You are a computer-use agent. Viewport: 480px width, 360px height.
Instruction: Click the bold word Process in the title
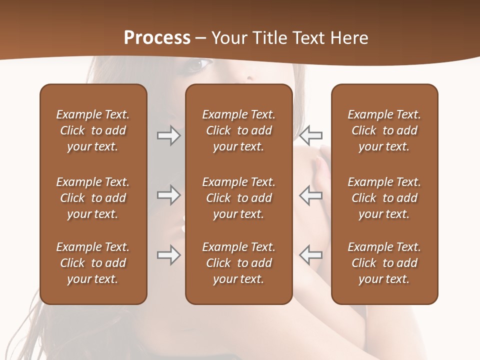157,38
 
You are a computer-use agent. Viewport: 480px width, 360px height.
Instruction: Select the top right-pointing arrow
168,135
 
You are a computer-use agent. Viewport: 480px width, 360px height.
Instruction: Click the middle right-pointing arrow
168,195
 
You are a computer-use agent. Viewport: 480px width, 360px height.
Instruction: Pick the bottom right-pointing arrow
168,255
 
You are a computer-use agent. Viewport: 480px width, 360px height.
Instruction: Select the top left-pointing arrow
311,135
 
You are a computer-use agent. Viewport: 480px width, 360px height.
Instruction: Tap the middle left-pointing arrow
311,195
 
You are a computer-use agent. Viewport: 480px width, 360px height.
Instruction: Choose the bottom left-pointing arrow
311,255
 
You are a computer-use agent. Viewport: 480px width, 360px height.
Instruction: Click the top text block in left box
93,130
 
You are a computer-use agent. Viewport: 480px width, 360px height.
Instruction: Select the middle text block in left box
93,198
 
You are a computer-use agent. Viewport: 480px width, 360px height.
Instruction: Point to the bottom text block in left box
93,263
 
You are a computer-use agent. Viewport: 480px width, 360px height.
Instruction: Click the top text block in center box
238,130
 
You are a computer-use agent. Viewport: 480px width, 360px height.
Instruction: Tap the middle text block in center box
238,198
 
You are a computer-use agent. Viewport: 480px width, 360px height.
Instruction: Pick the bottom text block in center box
238,263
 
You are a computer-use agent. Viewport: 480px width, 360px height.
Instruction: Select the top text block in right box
384,130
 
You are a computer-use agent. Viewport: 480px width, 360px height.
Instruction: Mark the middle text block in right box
384,198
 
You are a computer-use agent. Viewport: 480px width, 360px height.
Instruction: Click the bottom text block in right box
384,263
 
